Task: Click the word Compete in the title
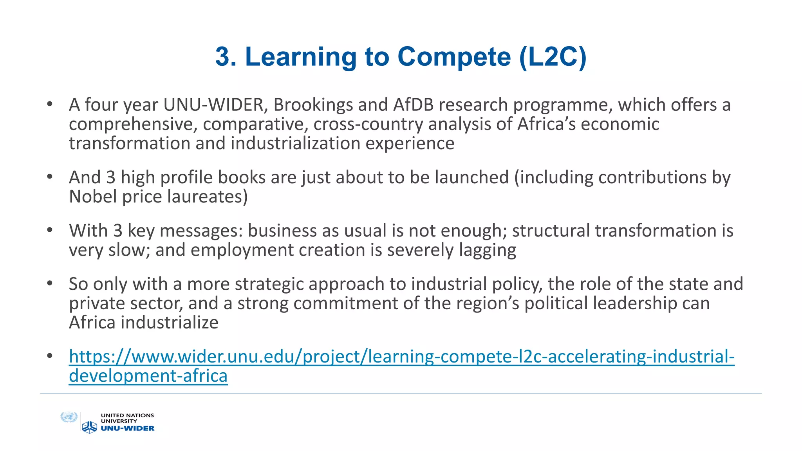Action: click(x=454, y=57)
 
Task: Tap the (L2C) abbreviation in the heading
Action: click(x=553, y=57)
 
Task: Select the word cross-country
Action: click(x=368, y=124)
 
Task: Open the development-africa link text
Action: click(x=148, y=376)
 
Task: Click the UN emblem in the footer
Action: click(x=69, y=417)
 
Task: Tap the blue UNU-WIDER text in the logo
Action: click(x=128, y=428)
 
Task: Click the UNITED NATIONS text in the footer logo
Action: click(x=127, y=415)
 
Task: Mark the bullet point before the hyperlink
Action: click(x=49, y=356)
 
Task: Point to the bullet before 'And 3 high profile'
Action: click(x=49, y=177)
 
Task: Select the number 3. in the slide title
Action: click(x=226, y=57)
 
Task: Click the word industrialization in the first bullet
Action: click(x=295, y=144)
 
